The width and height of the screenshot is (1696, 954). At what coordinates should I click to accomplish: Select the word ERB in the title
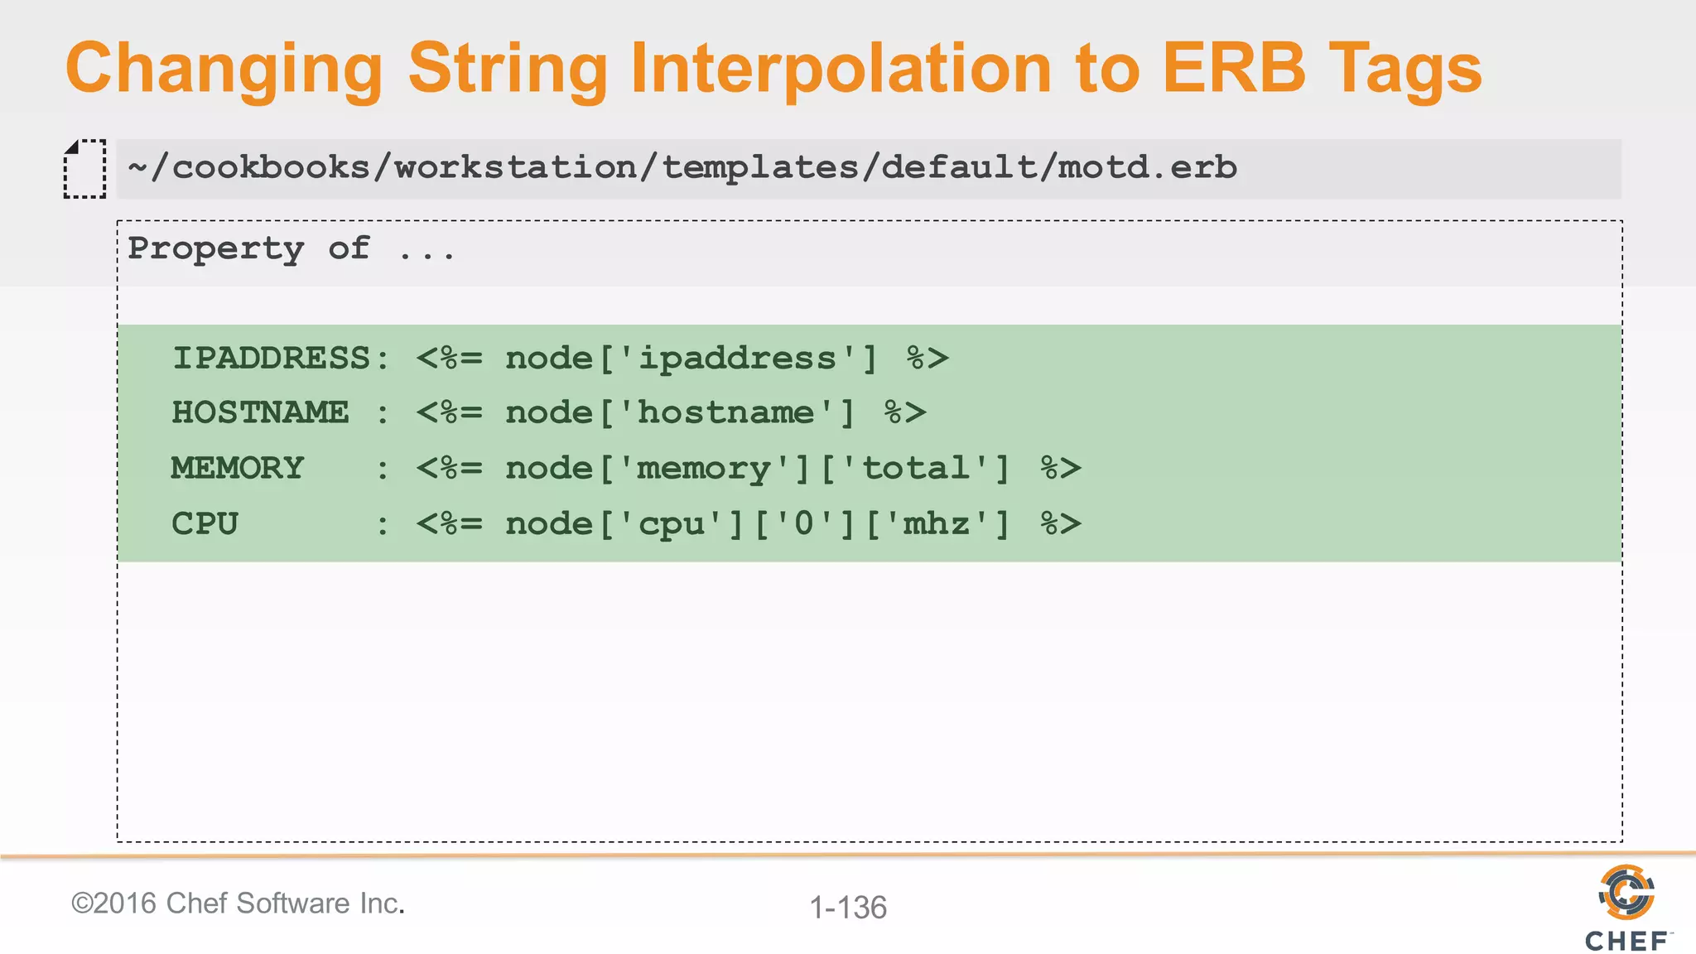pos(1233,68)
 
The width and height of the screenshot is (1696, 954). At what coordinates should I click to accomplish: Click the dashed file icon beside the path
pos(84,169)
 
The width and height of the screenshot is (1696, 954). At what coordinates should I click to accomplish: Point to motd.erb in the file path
pos(1147,168)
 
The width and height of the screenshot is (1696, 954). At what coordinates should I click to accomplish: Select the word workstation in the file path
pos(515,168)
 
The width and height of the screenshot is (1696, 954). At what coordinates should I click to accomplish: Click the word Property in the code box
pos(216,249)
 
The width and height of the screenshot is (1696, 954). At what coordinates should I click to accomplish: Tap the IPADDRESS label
pos(271,359)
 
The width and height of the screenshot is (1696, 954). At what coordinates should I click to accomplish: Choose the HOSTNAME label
pos(260,412)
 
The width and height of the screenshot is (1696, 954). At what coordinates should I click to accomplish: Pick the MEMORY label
pos(238,469)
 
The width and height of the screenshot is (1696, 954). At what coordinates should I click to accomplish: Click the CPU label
pos(205,524)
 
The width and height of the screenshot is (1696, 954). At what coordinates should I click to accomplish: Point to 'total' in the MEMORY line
pos(916,469)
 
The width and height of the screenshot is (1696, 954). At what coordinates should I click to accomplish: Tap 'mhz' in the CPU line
pos(937,524)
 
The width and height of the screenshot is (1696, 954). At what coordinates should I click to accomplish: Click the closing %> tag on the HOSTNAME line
pos(904,412)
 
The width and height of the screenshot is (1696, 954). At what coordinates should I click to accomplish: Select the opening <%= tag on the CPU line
pos(449,524)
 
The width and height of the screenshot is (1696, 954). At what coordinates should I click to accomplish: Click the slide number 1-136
pos(848,908)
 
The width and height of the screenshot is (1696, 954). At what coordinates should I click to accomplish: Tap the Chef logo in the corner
pos(1627,907)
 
